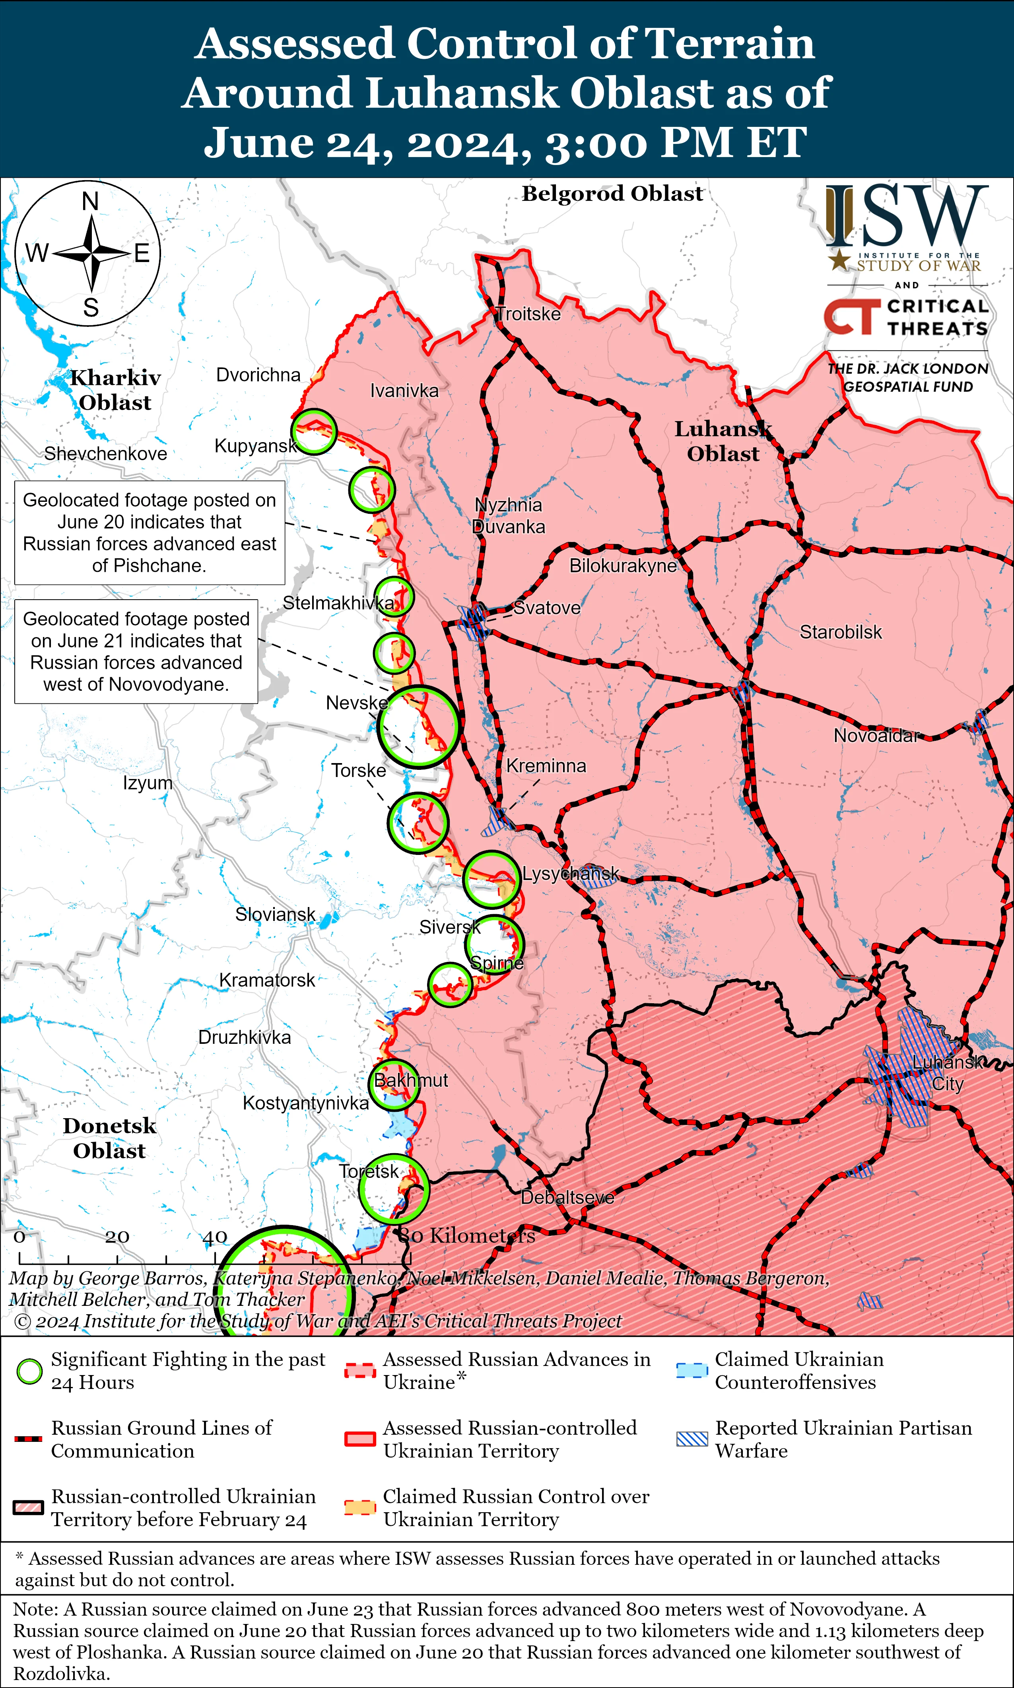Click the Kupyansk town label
[256, 446]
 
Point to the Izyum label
[148, 783]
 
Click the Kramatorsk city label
[267, 980]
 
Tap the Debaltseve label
[567, 1198]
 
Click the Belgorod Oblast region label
[612, 194]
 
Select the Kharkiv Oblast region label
[115, 390]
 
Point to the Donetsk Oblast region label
[109, 1138]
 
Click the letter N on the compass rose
[90, 202]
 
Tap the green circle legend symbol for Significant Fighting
[29, 1371]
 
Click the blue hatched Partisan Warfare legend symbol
[692, 1439]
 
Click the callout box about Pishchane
[150, 533]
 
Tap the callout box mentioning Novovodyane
[136, 652]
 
